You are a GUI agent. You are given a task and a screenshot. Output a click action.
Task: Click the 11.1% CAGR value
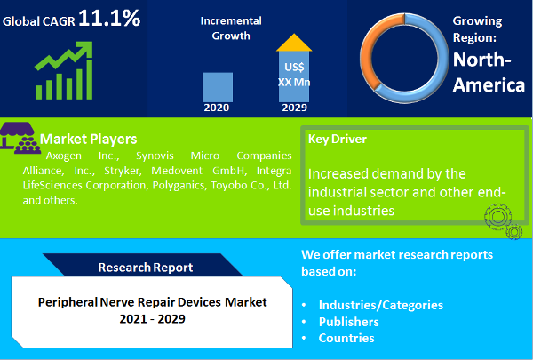pos(109,17)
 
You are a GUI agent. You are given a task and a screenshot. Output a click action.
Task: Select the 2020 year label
pos(218,108)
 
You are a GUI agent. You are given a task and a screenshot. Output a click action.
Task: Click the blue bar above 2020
pos(218,86)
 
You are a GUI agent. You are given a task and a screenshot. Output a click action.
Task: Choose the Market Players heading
pos(89,139)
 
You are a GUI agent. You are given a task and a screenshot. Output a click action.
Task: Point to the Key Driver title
pos(337,139)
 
